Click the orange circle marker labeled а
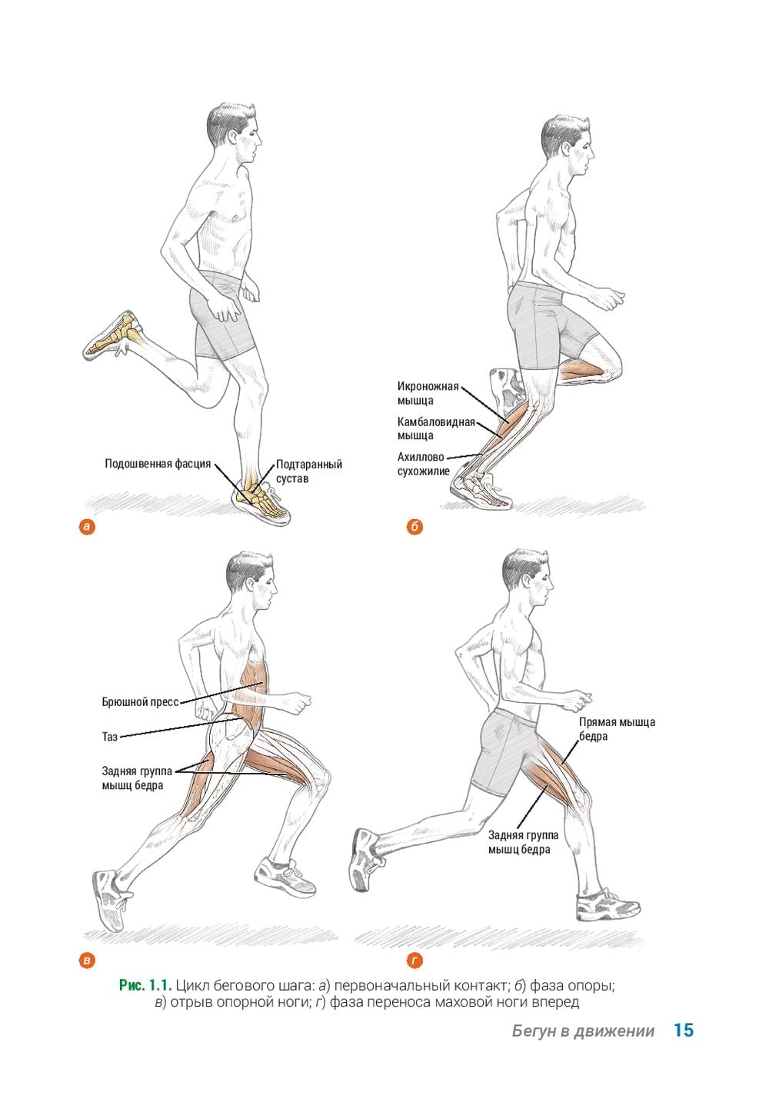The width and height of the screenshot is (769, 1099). tap(87, 528)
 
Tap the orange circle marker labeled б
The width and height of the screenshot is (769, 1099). tap(414, 528)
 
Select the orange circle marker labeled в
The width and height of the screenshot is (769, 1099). tap(87, 960)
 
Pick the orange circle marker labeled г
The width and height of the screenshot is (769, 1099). tap(414, 960)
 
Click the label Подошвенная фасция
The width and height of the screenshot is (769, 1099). tap(158, 464)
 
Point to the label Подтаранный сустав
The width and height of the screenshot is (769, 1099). tap(309, 471)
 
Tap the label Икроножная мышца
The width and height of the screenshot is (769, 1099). tap(428, 393)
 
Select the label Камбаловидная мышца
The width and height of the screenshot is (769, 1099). tap(436, 428)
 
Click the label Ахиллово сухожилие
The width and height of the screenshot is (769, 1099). tap(423, 464)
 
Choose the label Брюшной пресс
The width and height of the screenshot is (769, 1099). tap(140, 702)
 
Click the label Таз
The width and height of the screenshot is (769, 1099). tap(109, 737)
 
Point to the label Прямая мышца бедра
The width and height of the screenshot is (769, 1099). tap(617, 729)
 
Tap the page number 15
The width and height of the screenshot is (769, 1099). tap(683, 1031)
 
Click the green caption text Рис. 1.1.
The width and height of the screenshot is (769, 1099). tap(145, 985)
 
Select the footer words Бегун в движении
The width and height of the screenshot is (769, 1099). tap(583, 1031)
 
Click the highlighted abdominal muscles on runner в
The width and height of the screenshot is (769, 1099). tap(251, 694)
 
